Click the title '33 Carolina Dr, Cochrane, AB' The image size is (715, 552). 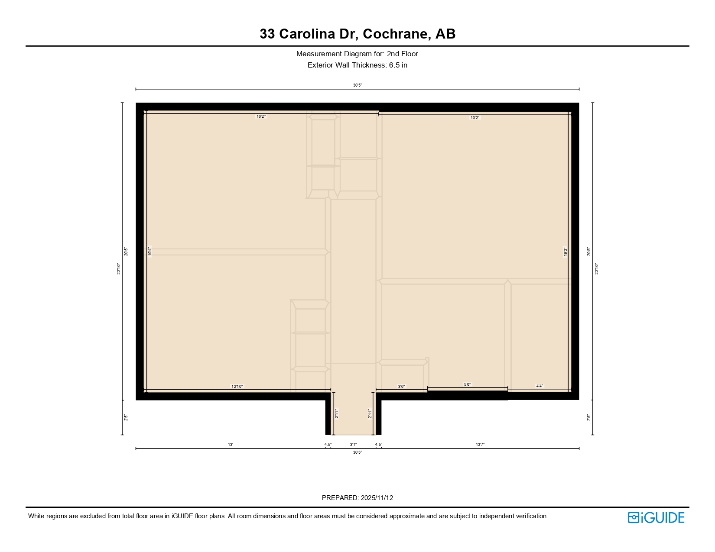click(x=357, y=34)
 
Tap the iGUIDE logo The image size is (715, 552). click(x=656, y=517)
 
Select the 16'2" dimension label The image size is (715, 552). click(x=261, y=116)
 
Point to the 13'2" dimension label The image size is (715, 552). click(x=475, y=118)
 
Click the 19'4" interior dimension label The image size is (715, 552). click(x=150, y=251)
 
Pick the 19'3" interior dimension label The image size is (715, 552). click(x=565, y=252)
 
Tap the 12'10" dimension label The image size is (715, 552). click(x=237, y=386)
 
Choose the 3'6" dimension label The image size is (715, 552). click(x=401, y=386)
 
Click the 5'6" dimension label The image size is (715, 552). click(x=467, y=384)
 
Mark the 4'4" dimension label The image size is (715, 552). click(x=539, y=386)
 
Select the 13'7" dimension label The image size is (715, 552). click(x=480, y=444)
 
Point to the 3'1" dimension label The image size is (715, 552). click(x=353, y=444)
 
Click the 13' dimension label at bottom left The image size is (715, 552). click(x=231, y=444)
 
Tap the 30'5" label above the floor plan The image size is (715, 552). click(x=357, y=85)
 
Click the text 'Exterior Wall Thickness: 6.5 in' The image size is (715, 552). click(x=357, y=65)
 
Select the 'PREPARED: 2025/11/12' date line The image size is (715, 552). click(x=357, y=498)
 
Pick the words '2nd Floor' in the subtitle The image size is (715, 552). click(x=402, y=54)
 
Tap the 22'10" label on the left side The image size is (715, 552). click(x=119, y=269)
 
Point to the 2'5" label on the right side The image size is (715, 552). click(x=588, y=418)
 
